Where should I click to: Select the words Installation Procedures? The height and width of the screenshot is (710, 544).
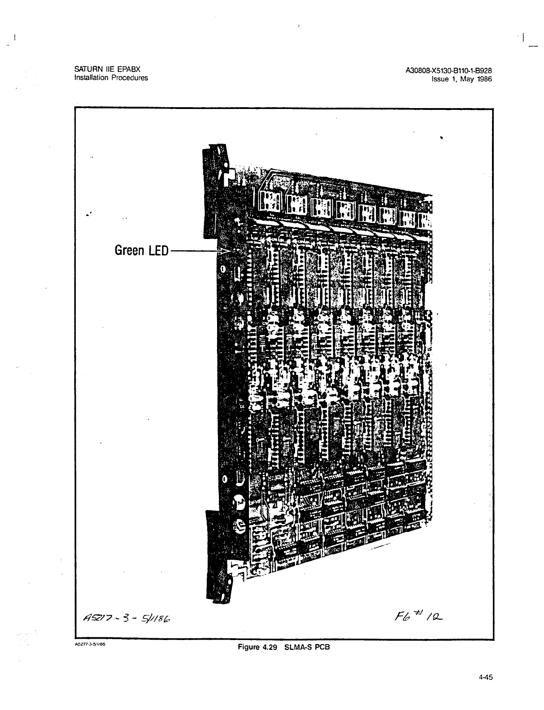click(111, 78)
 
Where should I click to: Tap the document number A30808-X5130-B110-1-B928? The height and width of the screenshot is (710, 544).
click(449, 70)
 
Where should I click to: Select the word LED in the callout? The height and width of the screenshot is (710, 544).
click(159, 250)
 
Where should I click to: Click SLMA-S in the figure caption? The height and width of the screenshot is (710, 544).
click(298, 647)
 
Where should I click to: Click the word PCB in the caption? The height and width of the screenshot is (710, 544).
click(323, 647)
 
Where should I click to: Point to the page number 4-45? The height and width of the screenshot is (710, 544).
click(486, 678)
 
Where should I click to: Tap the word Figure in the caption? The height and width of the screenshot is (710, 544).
click(249, 647)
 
